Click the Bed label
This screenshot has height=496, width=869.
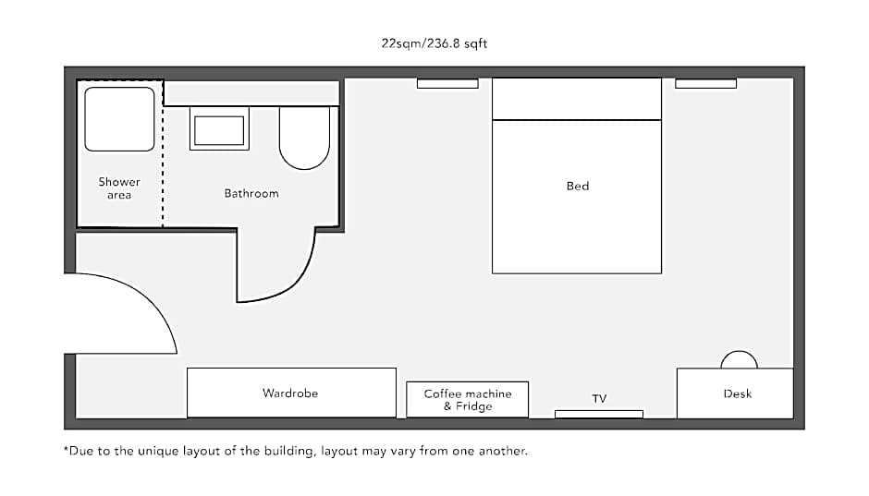(x=578, y=186)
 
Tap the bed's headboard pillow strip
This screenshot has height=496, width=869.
(x=577, y=99)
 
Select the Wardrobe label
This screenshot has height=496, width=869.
(x=290, y=393)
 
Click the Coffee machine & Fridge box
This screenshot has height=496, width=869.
(x=467, y=399)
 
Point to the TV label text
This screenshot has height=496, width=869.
(x=599, y=399)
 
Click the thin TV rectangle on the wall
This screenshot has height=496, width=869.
(x=599, y=414)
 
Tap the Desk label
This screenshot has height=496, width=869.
(x=738, y=393)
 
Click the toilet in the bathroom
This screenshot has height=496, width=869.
(x=304, y=138)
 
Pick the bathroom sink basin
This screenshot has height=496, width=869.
(x=219, y=130)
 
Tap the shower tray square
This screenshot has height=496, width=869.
(x=119, y=119)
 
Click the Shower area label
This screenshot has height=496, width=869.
(x=119, y=188)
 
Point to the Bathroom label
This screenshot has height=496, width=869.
(x=251, y=193)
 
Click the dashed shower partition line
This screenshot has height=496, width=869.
(x=163, y=154)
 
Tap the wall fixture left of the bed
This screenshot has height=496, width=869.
(x=447, y=83)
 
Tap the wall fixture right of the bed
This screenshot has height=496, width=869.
(x=705, y=83)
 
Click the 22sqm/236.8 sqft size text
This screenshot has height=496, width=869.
(x=434, y=43)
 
